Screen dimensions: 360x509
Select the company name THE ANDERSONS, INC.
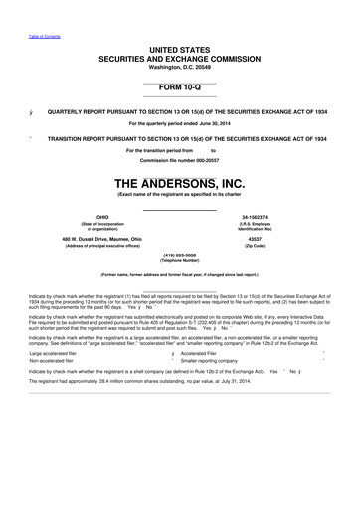(180, 183)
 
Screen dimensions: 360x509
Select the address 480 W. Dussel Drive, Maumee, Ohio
(100, 239)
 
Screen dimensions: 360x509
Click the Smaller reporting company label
(215, 361)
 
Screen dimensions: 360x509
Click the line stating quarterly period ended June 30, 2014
(180, 122)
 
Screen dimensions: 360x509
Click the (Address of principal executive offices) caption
(100, 246)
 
